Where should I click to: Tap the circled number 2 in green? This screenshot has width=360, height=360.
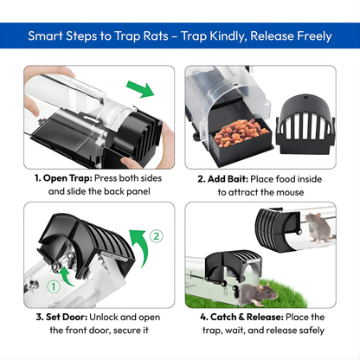tap(156, 235)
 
